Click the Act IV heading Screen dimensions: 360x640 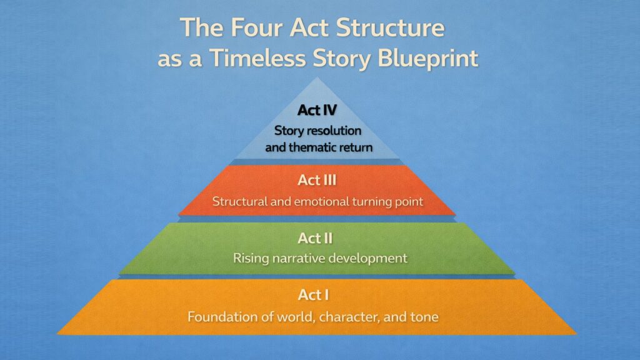click(x=317, y=111)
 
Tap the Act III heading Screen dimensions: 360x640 click(x=317, y=181)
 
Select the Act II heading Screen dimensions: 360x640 click(x=317, y=238)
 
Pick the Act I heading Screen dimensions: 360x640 click(x=317, y=296)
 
